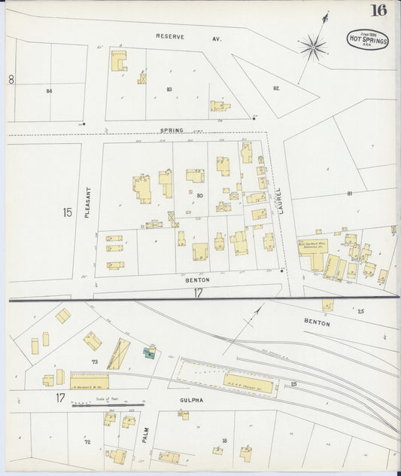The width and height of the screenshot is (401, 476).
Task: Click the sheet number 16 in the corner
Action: click(x=378, y=11)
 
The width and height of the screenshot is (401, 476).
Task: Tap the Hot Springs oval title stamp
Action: click(x=368, y=39)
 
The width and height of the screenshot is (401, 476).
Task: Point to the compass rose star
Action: click(x=313, y=48)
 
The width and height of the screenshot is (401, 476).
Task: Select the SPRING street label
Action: click(x=172, y=130)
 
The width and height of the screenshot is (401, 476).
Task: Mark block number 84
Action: click(x=49, y=90)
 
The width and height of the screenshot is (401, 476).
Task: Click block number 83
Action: click(x=169, y=90)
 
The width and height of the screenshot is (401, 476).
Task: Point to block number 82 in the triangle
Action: click(x=276, y=88)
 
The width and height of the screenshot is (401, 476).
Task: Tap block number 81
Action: click(x=349, y=194)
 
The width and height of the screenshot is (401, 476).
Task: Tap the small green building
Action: click(x=150, y=350)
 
